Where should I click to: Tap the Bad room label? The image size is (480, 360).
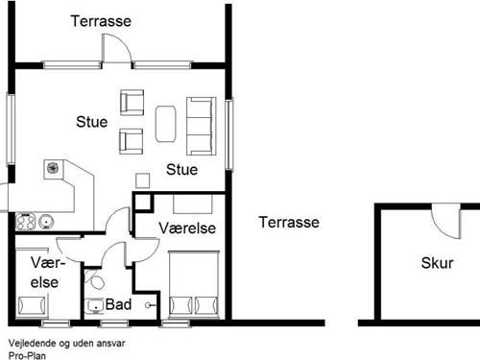pyautogui.click(x=120, y=304)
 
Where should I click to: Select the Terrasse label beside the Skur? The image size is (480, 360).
pyautogui.click(x=288, y=222)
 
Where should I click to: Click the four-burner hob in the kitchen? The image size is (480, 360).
pyautogui.click(x=26, y=222)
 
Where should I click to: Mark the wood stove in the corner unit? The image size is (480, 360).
pyautogui.click(x=51, y=169)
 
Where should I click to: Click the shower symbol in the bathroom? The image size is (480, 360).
pyautogui.click(x=148, y=305)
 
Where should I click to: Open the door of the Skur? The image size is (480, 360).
pyautogui.click(x=444, y=221)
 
